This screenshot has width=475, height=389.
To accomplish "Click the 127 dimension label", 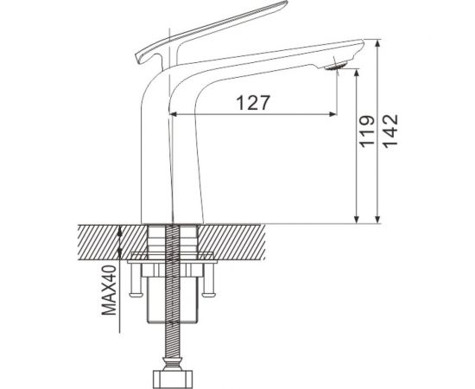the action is (253, 103).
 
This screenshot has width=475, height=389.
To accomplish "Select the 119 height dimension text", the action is (367, 131).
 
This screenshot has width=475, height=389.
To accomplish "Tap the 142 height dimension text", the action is (389, 131).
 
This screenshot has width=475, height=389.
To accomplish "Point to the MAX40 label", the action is (109, 290).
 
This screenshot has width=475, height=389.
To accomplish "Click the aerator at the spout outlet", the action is (336, 66).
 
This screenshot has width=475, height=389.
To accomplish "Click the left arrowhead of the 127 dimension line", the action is (173, 114).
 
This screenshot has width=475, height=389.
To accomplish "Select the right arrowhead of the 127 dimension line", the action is (332, 114).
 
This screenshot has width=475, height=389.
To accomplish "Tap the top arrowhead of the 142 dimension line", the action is (377, 43).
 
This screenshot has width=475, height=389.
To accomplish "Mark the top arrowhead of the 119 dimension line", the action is (357, 73).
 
